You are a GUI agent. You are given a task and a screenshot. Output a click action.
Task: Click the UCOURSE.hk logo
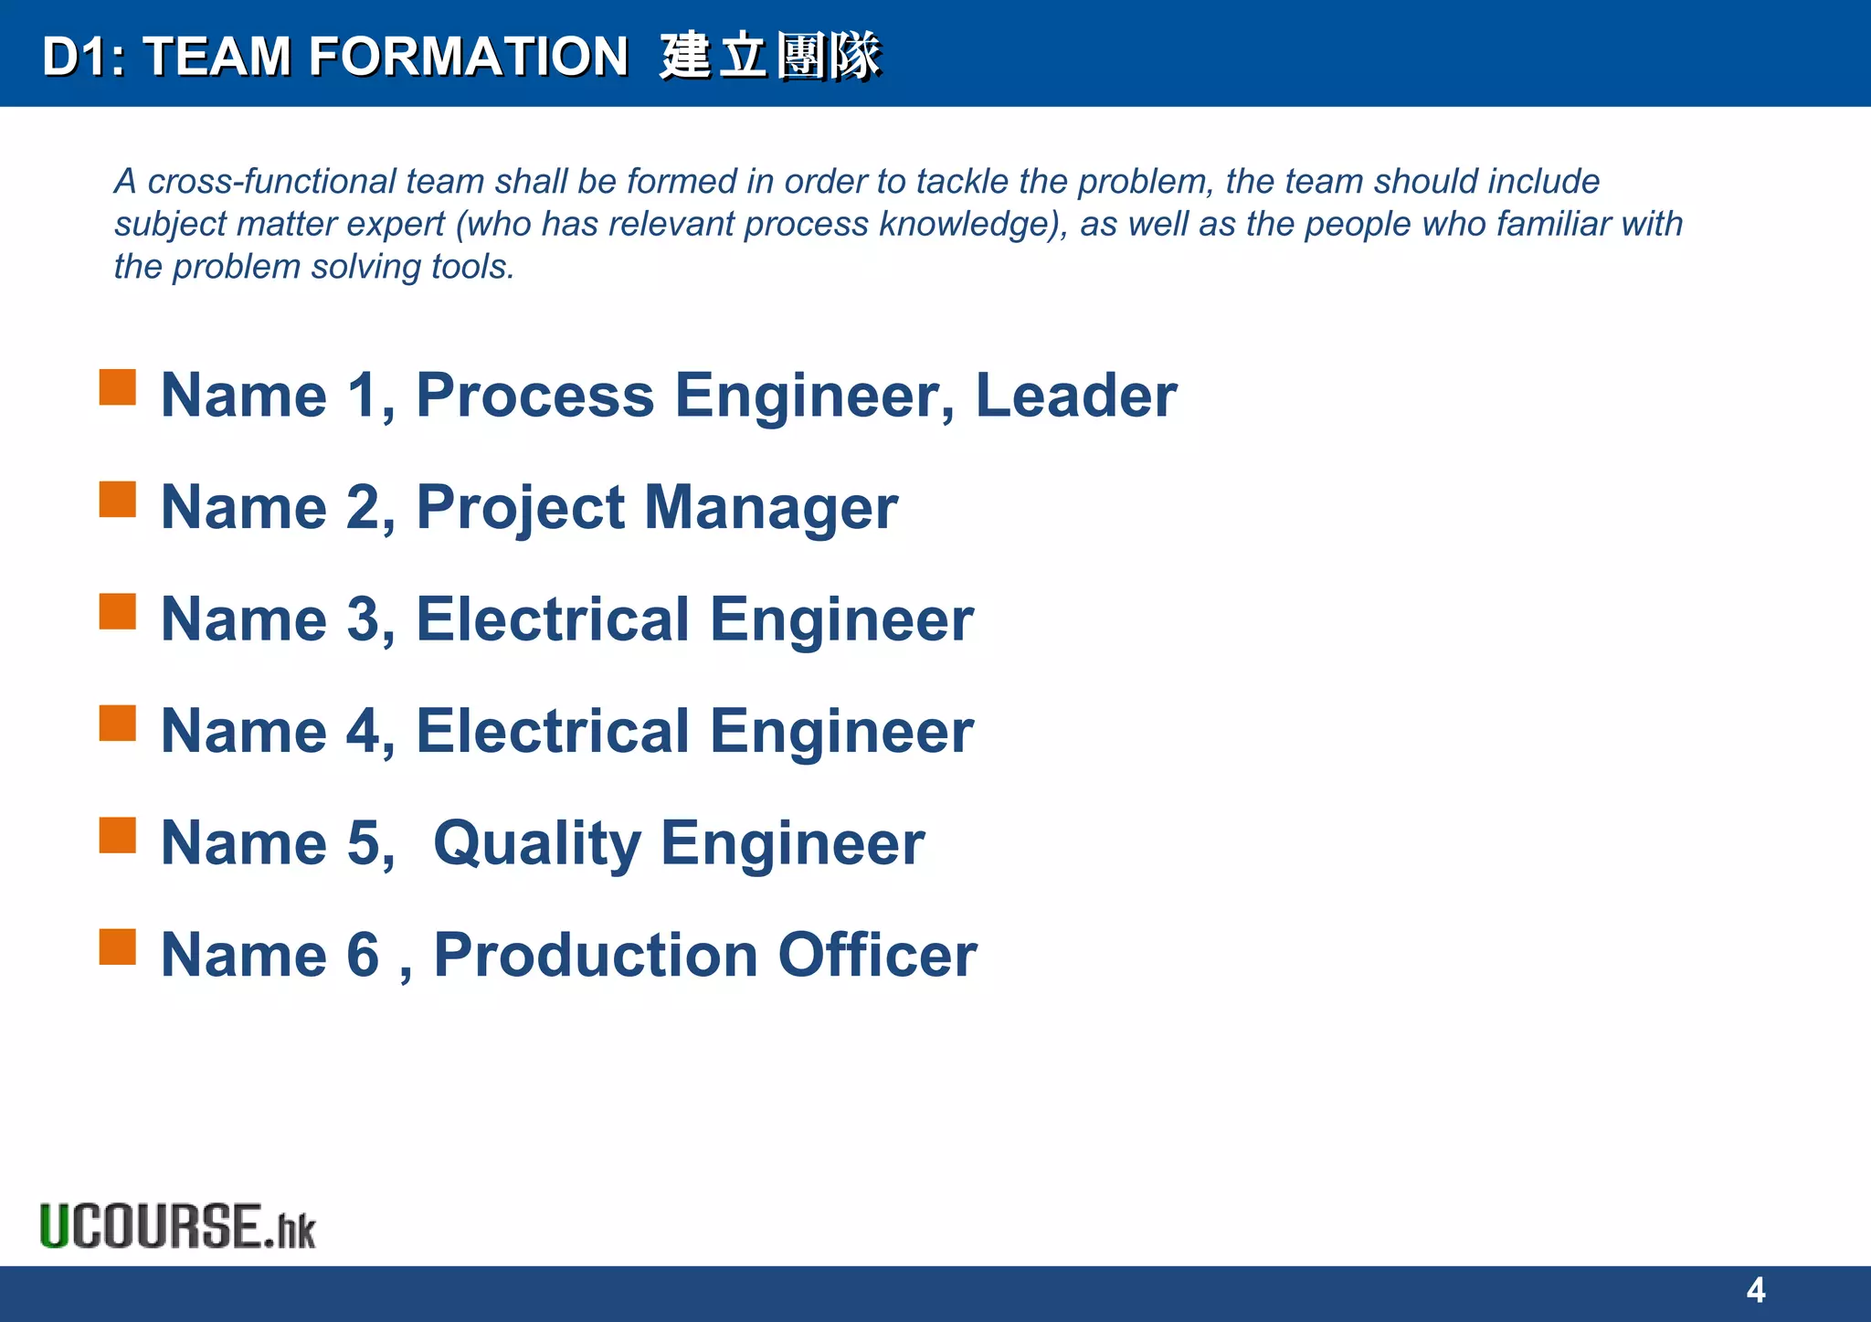[x=177, y=1226]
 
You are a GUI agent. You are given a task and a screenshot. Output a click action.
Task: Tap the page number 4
[x=1755, y=1290]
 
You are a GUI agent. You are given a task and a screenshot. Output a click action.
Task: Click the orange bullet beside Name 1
[x=118, y=387]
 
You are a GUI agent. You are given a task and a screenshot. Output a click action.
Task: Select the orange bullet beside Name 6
[x=118, y=947]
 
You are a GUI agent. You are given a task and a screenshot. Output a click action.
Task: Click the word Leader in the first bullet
[x=1075, y=396]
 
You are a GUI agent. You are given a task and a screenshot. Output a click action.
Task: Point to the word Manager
[x=771, y=508]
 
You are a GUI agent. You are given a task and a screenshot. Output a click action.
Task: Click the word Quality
[x=536, y=844]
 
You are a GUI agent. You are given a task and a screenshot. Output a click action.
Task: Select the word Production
[x=596, y=955]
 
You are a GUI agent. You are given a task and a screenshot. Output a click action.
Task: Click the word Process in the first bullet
[x=535, y=396]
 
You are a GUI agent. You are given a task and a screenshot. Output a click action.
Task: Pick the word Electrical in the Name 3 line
[x=553, y=619]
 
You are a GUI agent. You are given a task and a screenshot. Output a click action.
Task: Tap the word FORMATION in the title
[x=468, y=56]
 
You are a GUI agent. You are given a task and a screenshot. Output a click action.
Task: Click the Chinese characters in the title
[x=770, y=56]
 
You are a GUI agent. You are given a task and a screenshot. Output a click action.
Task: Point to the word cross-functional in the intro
[x=271, y=181]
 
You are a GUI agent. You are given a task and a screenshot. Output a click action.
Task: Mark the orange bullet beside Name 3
[x=118, y=611]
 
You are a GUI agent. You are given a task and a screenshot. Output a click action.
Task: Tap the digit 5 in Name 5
[x=363, y=843]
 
